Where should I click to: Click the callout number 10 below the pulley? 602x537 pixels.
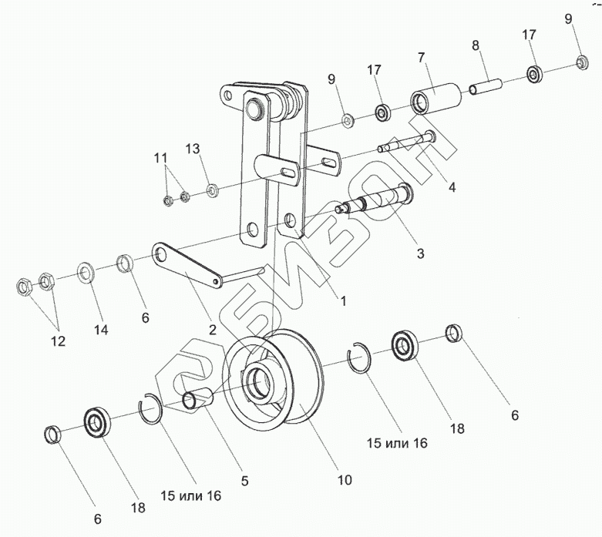(344, 479)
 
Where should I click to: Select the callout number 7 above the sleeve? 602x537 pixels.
(422, 58)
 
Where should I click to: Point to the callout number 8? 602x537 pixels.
(476, 46)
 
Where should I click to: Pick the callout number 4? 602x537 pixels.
(452, 186)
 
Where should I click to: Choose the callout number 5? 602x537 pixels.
(244, 481)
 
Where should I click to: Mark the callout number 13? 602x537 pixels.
(192, 147)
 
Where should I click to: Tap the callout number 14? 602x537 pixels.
(102, 329)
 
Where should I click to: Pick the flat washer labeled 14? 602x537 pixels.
(85, 273)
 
